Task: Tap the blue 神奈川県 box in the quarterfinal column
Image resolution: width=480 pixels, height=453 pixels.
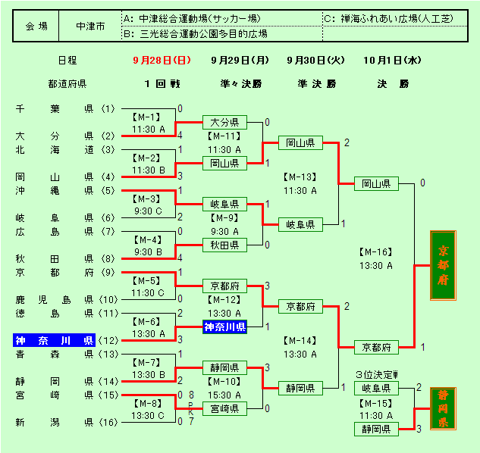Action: click(224, 327)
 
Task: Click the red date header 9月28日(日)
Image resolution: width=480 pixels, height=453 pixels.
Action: click(161, 60)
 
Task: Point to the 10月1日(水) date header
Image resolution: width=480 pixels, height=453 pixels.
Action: click(392, 60)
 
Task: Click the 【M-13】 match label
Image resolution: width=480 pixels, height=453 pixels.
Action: click(300, 177)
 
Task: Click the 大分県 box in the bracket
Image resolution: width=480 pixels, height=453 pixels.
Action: click(224, 122)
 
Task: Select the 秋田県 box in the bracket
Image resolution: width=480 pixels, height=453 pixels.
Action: click(224, 245)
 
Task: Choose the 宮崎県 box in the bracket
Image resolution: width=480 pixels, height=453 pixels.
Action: click(224, 408)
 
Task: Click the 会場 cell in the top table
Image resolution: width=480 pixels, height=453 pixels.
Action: click(36, 26)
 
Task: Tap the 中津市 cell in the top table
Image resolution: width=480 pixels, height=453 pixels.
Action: click(90, 26)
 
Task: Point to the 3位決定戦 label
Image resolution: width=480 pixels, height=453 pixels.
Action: click(377, 374)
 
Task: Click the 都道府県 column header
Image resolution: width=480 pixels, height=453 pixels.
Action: click(67, 84)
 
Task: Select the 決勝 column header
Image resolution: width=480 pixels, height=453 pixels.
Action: click(392, 84)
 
